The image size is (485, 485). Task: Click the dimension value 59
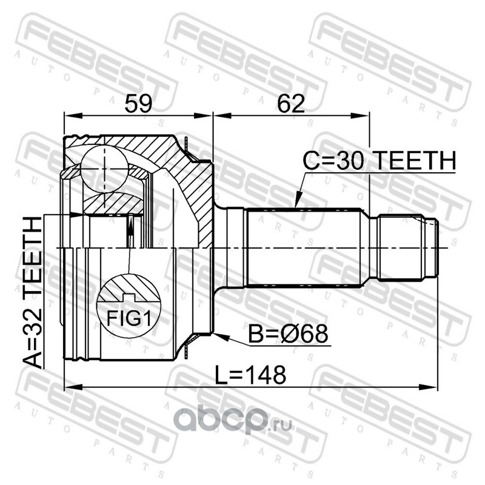coord(138,104)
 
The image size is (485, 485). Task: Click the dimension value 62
coord(291,104)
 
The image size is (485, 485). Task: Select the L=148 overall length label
coord(250,375)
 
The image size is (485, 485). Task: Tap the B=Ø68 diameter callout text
coord(288,334)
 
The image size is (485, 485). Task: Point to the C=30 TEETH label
coord(380,161)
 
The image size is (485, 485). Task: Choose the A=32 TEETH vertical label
coord(33,293)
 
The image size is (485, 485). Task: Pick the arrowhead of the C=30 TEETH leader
coord(298,201)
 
